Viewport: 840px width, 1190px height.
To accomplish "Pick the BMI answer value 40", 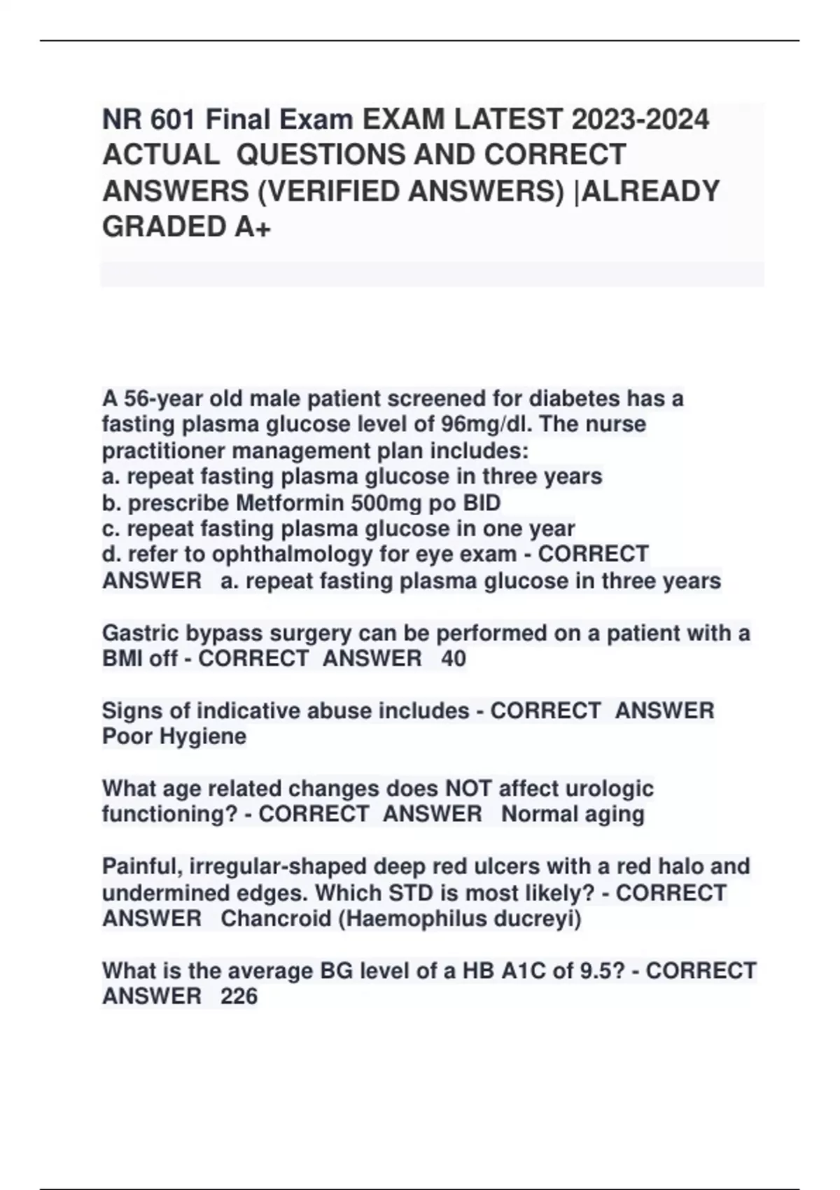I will pos(454,659).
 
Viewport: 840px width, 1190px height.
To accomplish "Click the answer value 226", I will pos(239,996).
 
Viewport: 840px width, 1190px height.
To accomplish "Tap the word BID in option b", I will pos(482,503).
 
